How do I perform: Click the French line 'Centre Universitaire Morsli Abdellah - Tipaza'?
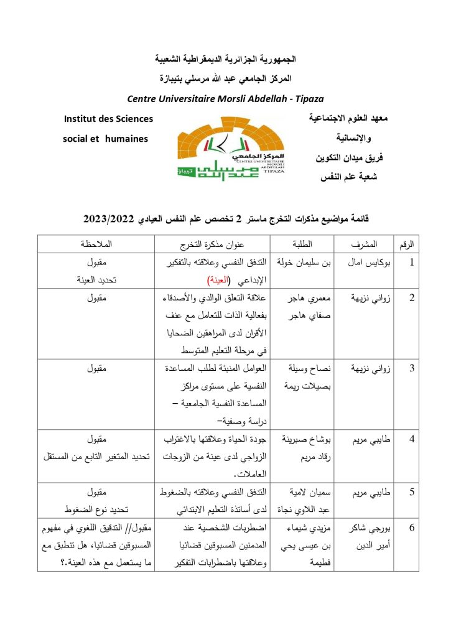[x=225, y=98]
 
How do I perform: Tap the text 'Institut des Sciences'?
[x=109, y=118]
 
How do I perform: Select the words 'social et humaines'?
[x=105, y=139]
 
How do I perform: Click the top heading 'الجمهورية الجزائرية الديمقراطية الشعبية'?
[x=225, y=60]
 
